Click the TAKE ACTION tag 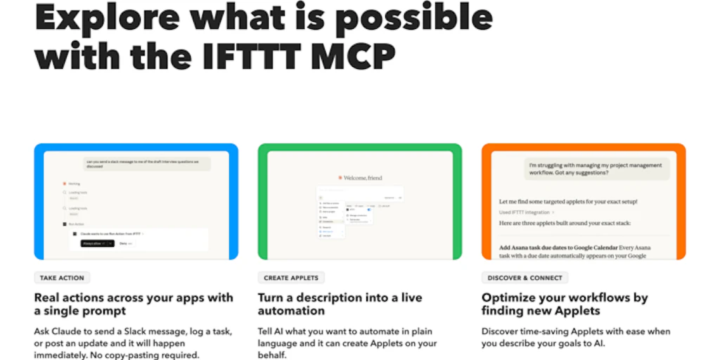[x=63, y=278]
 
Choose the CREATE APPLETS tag [x=291, y=278]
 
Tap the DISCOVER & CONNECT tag [x=525, y=278]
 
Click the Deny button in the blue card [x=124, y=243]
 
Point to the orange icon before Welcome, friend [x=340, y=178]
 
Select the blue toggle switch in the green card [x=369, y=210]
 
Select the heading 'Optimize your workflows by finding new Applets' [x=565, y=304]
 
